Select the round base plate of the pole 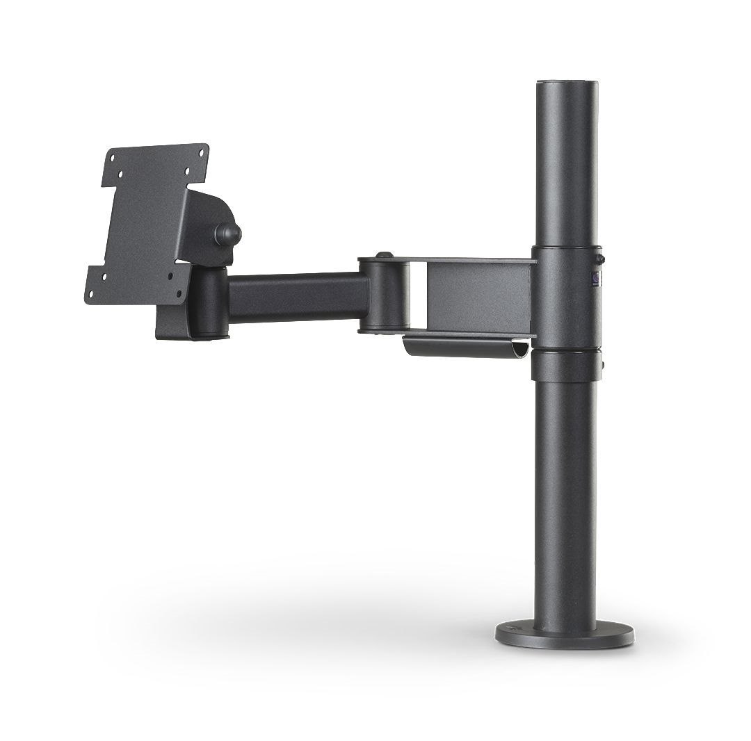(565, 634)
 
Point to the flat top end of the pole (565, 85)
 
